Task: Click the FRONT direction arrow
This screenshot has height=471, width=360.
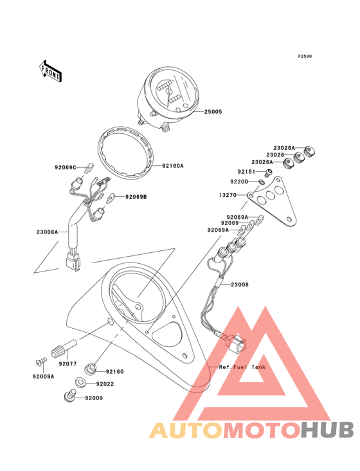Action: tap(50, 71)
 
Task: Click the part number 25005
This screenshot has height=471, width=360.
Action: tap(213, 112)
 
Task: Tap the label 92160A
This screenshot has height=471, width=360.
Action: tap(172, 165)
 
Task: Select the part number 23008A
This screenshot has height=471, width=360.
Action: tap(48, 232)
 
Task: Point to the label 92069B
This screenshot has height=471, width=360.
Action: tap(136, 197)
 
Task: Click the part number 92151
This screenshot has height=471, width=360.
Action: tap(246, 172)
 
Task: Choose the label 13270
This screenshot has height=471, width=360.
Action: tap(228, 195)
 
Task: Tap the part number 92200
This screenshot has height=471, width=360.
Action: tap(239, 181)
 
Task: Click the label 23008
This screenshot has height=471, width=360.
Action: tap(240, 284)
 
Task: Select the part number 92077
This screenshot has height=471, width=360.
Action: tap(67, 364)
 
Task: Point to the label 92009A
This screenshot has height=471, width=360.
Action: tap(44, 376)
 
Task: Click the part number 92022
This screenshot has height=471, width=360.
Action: tap(105, 384)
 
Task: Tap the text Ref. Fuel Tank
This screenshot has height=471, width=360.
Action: tap(242, 367)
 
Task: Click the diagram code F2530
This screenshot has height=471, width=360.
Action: tap(305, 56)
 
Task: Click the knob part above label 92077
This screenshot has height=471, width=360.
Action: tap(64, 347)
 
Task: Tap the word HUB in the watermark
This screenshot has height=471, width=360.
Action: tap(328, 430)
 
